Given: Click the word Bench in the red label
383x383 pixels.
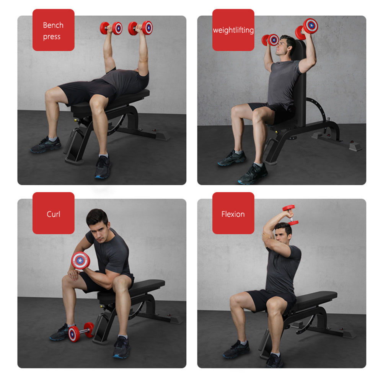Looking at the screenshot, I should coord(53,25).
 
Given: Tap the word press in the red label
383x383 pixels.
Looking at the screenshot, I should coord(52,37).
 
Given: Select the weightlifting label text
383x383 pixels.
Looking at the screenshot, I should coord(233,30).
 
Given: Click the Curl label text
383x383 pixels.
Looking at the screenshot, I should coord(53,214).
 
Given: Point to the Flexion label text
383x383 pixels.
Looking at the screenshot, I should coord(233,214).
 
